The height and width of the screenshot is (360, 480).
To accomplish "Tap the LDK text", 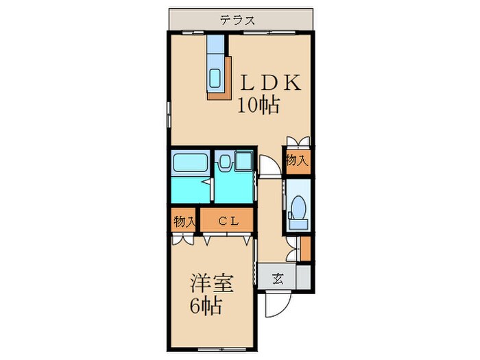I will (x=269, y=83).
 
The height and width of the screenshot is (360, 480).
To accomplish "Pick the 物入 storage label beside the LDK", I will (x=296, y=161).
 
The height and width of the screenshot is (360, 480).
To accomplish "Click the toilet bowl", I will (x=298, y=206).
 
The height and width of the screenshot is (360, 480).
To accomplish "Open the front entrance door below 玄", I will (x=280, y=302).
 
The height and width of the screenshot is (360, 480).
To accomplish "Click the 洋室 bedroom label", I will (x=211, y=283).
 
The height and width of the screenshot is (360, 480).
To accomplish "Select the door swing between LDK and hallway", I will (x=267, y=167).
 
